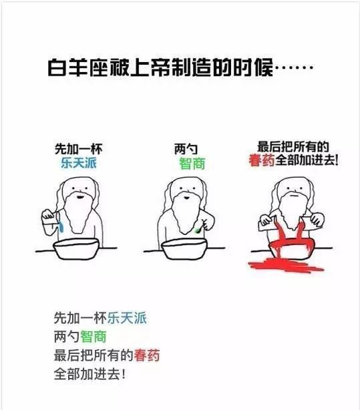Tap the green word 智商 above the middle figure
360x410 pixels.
coord(192,164)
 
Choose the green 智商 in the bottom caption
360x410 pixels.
coord(94,337)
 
